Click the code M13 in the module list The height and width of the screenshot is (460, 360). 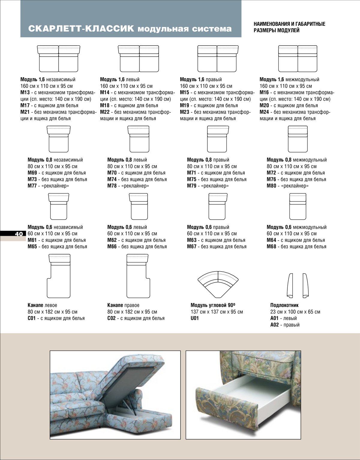point(25,93)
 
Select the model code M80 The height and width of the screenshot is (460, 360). point(271,186)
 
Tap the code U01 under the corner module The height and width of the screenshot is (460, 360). point(195,318)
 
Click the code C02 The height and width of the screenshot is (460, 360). point(112,318)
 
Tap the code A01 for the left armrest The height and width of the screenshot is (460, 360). point(274,318)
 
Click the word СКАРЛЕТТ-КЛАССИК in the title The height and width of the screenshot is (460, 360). point(81,29)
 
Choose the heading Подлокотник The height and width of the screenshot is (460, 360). point(284,305)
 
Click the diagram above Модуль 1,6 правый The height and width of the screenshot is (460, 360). point(218,59)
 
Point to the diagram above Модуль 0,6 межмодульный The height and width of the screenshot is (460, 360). point(298,206)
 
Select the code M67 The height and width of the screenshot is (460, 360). point(192,247)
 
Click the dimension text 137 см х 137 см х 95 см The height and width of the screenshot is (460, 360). point(217,312)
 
